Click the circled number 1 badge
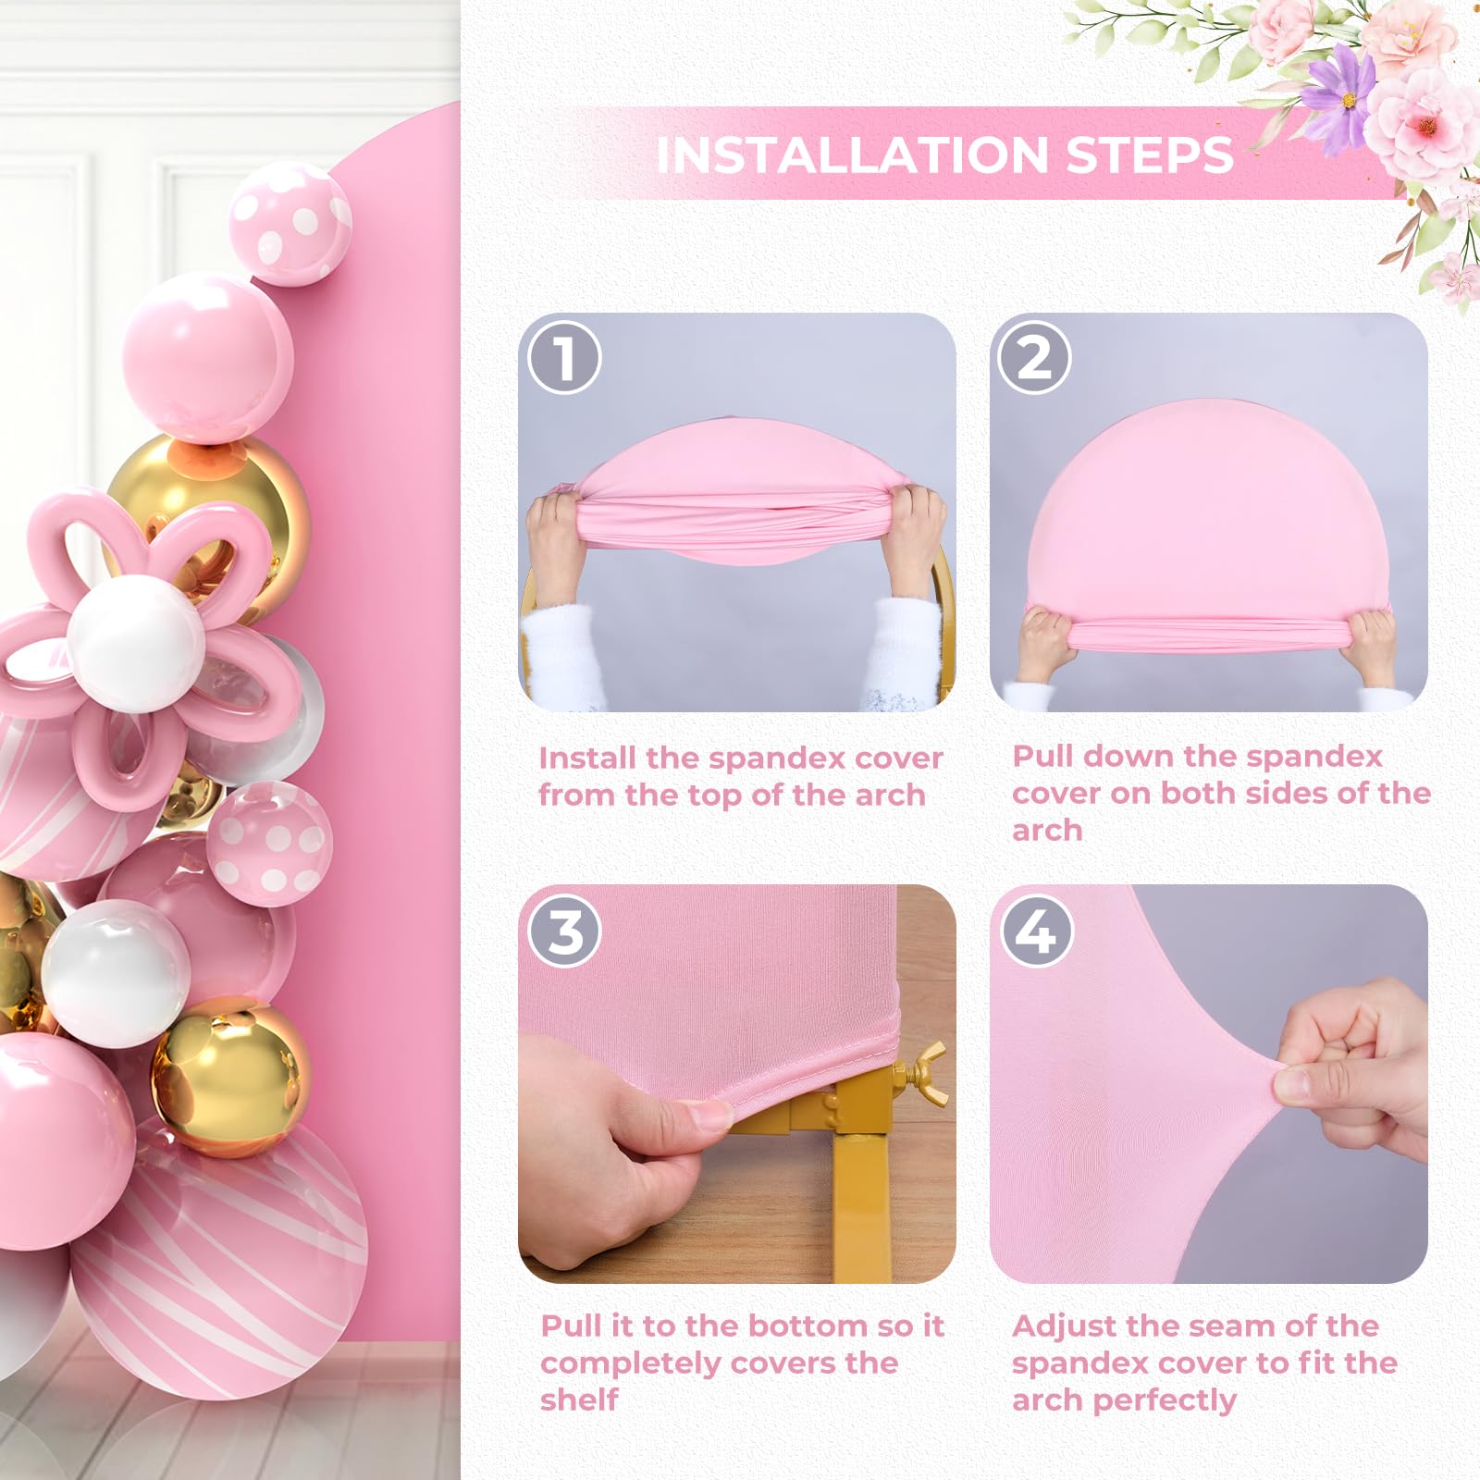pyautogui.click(x=564, y=357)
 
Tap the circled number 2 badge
pyautogui.click(x=1033, y=357)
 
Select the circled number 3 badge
pyautogui.click(x=564, y=931)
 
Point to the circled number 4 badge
pyautogui.click(x=1036, y=931)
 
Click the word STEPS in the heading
pyautogui.click(x=1149, y=154)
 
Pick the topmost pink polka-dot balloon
pyautogui.click(x=289, y=222)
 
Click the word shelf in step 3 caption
pyautogui.click(x=579, y=1400)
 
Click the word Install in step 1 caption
pyautogui.click(x=587, y=758)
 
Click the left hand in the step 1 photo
pyautogui.click(x=555, y=546)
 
